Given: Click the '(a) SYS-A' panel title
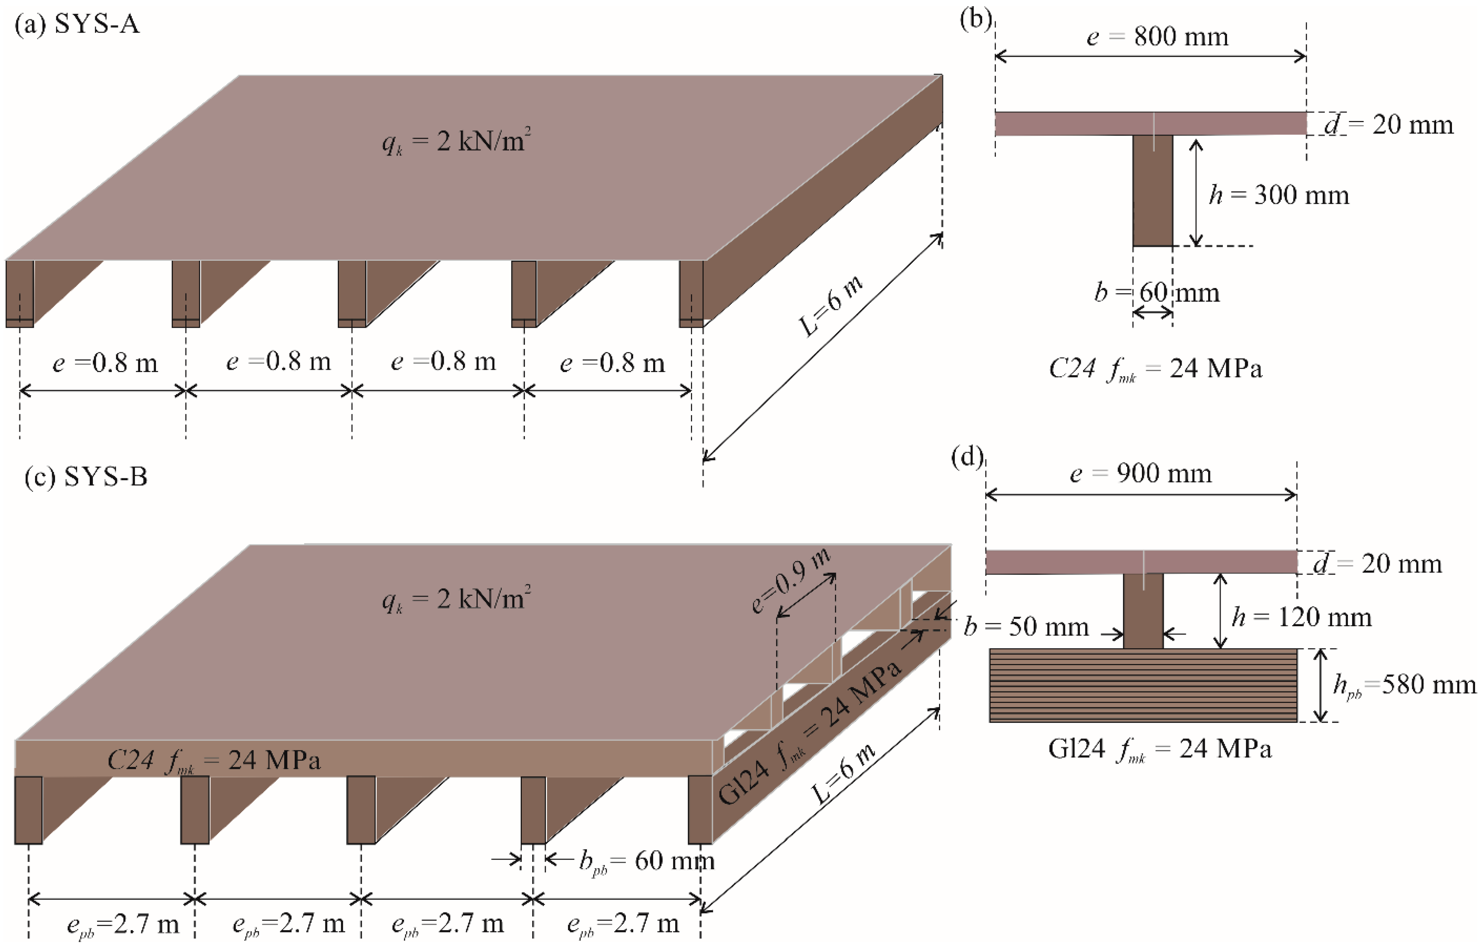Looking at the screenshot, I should click(x=77, y=25).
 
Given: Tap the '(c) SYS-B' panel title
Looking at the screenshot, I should click(x=86, y=477).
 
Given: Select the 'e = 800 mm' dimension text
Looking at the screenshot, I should click(x=1157, y=37).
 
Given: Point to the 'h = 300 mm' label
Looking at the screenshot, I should click(x=1279, y=195).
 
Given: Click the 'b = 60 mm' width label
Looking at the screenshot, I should click(x=1157, y=293).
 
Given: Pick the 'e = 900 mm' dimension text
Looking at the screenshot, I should click(x=1141, y=474).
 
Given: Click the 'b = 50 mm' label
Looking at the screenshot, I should click(x=1026, y=627).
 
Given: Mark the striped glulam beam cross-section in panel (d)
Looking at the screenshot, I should click(x=1143, y=685).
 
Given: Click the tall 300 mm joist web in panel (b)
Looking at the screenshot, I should click(x=1152, y=191).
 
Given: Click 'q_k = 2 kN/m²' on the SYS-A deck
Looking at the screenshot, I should click(x=456, y=142).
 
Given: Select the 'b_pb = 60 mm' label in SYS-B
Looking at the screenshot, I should click(x=646, y=860).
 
